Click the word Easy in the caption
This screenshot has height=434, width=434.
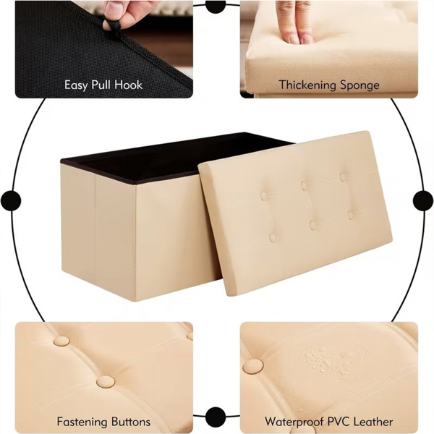(x=76, y=85)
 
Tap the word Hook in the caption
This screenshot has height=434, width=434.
(x=129, y=85)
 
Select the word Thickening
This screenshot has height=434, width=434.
(x=307, y=85)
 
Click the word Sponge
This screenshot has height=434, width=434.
(x=359, y=85)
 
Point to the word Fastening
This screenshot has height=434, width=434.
(x=82, y=422)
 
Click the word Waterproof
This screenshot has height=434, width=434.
(x=294, y=422)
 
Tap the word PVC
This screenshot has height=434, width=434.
(x=339, y=422)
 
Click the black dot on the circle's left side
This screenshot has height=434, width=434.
(x=11, y=200)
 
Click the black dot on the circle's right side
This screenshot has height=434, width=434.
(x=423, y=200)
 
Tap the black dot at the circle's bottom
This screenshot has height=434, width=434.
(x=216, y=417)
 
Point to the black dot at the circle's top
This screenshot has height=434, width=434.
(x=216, y=6)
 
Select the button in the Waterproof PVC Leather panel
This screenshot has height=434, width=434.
(x=253, y=367)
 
